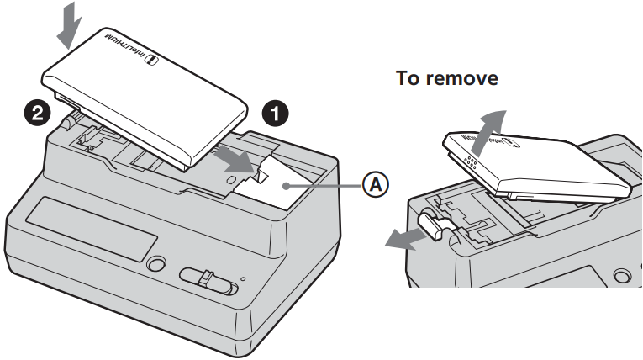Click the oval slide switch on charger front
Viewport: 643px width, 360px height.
[208, 280]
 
